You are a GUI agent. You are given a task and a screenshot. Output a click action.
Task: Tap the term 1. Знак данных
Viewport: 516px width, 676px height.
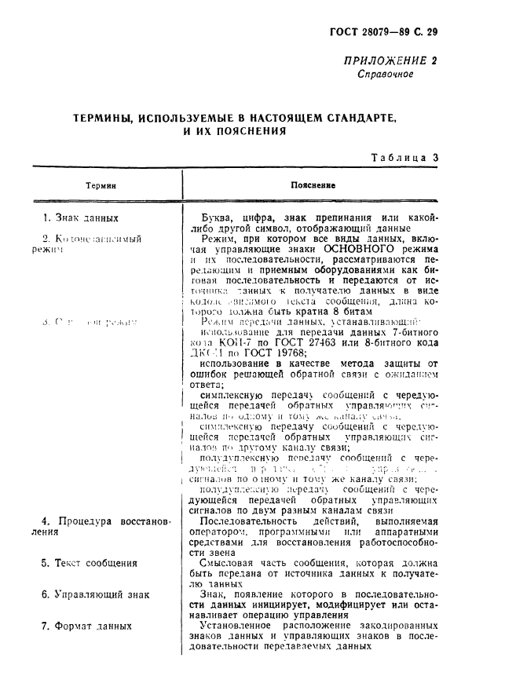coord(81,217)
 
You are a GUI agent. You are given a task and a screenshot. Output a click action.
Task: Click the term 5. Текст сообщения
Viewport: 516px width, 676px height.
coord(90,563)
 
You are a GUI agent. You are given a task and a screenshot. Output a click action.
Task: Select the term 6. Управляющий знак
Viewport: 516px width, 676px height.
coord(95,594)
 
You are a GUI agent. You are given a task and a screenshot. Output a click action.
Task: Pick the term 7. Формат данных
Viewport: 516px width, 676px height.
coord(86,626)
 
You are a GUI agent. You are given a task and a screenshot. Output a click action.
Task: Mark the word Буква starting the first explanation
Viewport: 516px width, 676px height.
coord(218,217)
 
